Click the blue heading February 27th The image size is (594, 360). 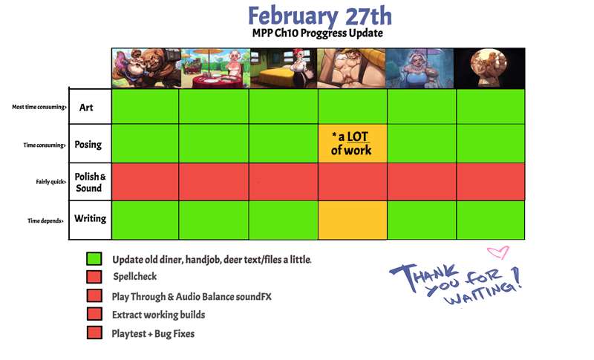point(320,16)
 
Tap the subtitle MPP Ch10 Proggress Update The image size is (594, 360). point(318,33)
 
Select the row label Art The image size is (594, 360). point(86,108)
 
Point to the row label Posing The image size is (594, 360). point(88,145)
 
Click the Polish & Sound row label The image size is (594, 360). point(90,182)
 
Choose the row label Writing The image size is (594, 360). point(90,218)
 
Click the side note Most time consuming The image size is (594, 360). point(39,107)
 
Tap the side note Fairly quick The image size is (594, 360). point(50,182)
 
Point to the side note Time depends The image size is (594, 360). point(45,220)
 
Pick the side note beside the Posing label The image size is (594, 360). point(45,145)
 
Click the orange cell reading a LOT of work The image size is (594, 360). point(352,143)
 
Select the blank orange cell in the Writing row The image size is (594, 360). point(352,220)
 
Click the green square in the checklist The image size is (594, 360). point(94,259)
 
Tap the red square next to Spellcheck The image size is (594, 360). point(94,277)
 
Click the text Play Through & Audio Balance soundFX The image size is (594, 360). point(192,297)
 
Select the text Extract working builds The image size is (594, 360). point(158,315)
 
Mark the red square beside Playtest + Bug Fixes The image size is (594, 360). point(94,333)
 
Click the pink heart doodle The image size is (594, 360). point(498,252)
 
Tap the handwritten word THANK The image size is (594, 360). point(424,275)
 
